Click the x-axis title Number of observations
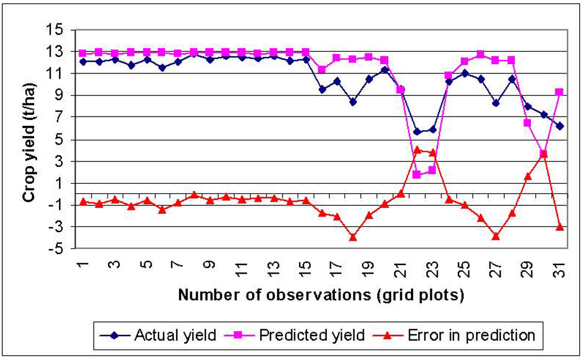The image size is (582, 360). click(321, 295)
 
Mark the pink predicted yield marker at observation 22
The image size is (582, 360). click(417, 175)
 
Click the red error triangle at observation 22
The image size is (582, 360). click(417, 150)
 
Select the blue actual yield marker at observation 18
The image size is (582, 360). click(353, 102)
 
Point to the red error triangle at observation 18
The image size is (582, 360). click(353, 237)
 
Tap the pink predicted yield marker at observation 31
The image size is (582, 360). click(559, 92)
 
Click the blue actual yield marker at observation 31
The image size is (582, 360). click(559, 126)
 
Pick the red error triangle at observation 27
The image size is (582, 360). click(496, 236)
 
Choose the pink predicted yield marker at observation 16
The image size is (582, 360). click(322, 69)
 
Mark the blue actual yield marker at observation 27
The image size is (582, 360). click(496, 104)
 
